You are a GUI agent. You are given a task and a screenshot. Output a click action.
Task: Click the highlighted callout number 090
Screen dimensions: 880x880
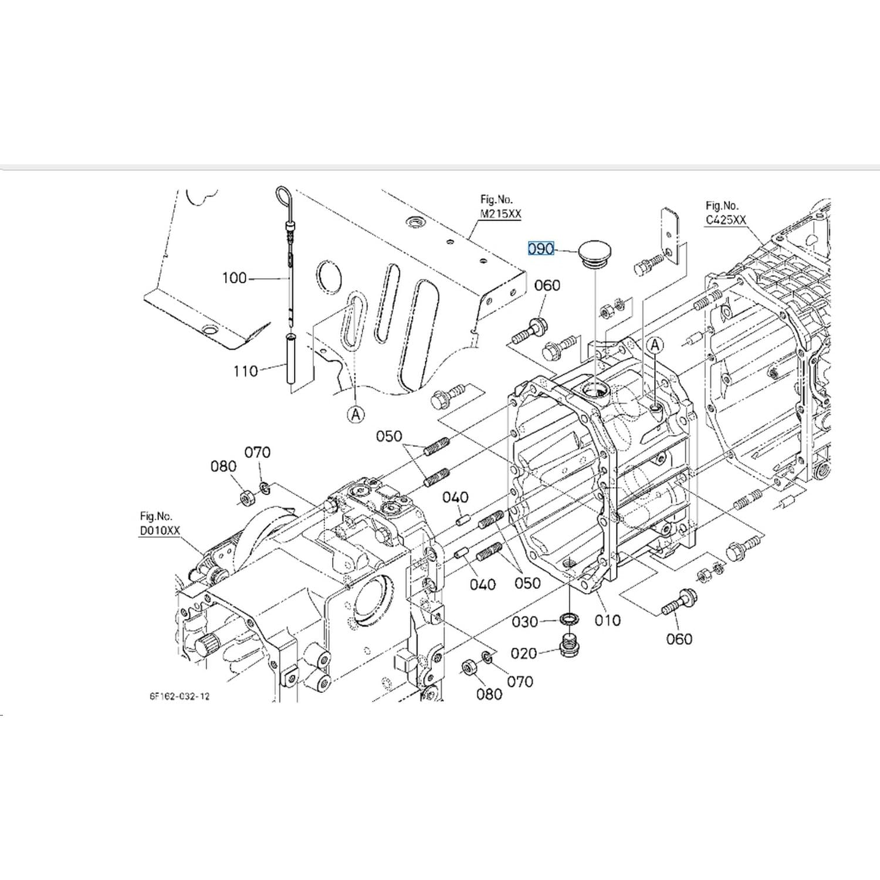pos(541,249)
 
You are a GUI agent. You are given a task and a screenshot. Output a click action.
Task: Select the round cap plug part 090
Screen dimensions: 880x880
pos(594,253)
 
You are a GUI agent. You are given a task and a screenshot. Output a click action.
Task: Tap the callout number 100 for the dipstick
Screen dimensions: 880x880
pos(234,277)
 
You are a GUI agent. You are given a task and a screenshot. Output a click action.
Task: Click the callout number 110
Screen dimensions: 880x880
pos(245,371)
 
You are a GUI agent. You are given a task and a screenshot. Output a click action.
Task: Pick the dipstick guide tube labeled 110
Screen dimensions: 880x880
pos(291,358)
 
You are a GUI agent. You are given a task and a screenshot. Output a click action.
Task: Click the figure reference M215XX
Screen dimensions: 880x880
pos(500,214)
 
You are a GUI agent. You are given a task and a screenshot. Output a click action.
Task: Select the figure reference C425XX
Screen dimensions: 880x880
pos(726,219)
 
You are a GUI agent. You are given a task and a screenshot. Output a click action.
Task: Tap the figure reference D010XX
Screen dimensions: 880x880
pos(160,530)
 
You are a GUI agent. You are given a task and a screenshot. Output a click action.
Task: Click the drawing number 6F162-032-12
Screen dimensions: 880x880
pos(180,696)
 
